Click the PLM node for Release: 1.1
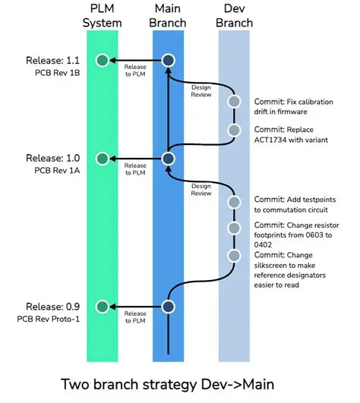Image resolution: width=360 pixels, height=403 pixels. [102, 60]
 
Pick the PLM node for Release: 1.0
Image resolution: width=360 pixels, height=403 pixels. [102, 159]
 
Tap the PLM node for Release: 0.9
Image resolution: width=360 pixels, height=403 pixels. [102, 307]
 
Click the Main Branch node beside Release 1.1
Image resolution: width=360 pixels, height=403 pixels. [168, 60]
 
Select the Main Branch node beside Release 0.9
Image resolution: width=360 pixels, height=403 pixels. [168, 307]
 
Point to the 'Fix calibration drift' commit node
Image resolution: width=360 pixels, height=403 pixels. [235, 102]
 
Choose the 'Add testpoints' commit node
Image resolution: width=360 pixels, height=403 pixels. [235, 202]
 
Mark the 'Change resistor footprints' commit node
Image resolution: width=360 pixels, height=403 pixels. [235, 228]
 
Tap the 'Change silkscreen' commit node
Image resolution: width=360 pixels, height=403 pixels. [235, 255]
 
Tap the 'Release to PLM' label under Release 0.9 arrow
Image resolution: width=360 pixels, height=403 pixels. [135, 318]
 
